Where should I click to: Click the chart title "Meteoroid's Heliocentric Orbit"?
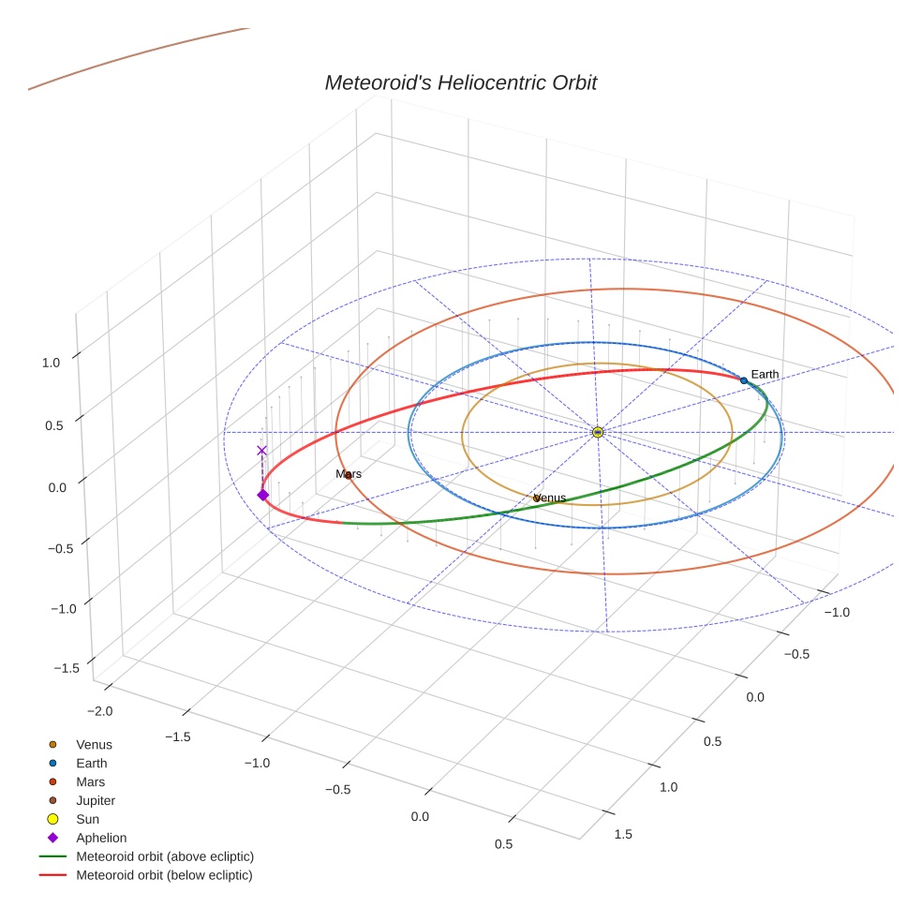tap(460, 83)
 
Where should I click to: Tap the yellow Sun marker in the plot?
tap(598, 432)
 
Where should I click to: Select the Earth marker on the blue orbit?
tap(744, 380)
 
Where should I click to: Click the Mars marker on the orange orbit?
tap(349, 475)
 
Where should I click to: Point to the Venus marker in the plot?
tap(537, 498)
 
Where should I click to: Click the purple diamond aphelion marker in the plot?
tap(262, 495)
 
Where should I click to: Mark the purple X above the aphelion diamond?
tap(261, 451)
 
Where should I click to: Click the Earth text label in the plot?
tap(765, 375)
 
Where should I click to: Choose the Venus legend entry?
tap(94, 745)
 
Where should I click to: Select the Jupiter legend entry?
tap(96, 801)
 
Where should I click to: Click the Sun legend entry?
tap(89, 820)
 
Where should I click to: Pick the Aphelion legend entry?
tap(101, 839)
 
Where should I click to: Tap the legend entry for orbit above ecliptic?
tap(164, 856)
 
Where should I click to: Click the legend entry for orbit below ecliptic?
tap(164, 875)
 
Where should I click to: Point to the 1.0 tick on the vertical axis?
tap(52, 362)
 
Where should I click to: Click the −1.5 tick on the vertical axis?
tap(67, 668)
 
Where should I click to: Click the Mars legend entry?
tap(91, 782)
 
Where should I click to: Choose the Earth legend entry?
tap(92, 764)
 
